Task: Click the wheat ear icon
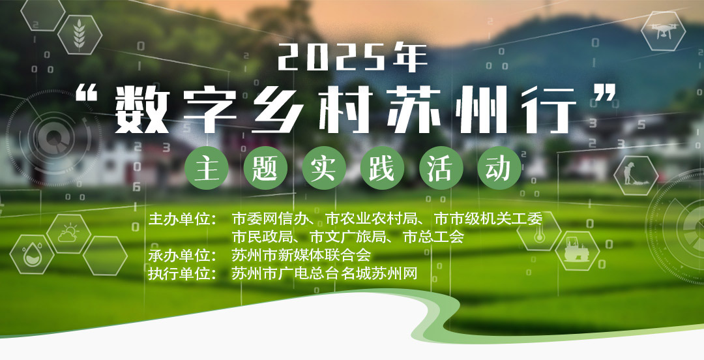pos(80,34)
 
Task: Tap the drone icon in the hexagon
pos(663,31)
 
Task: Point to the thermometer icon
pos(539,231)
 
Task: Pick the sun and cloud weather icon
pos(68,233)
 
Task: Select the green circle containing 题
pos(265,168)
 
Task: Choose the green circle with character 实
pos(323,168)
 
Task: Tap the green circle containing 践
pos(382,168)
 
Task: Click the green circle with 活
pos(441,168)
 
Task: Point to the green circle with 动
pos(499,168)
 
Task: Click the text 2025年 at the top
pos(353,57)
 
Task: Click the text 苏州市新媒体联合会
pos(301,255)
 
